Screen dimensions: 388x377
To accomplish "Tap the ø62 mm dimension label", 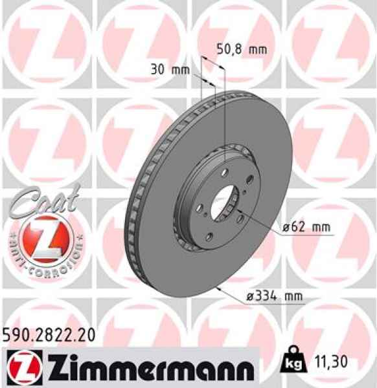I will point(305,228).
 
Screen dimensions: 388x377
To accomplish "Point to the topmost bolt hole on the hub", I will point(222,171).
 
